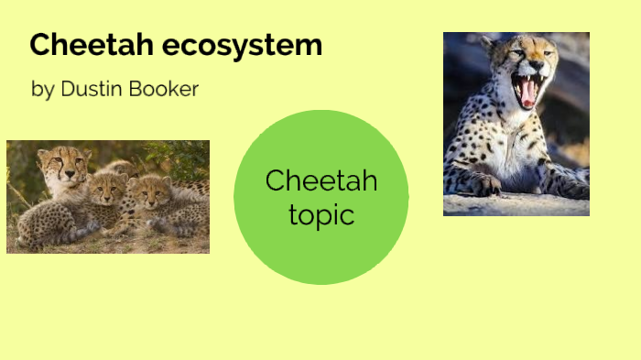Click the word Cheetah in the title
click(x=82, y=45)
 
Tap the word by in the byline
click(x=42, y=90)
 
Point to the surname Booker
click(x=166, y=89)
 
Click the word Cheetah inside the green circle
click(x=321, y=180)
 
